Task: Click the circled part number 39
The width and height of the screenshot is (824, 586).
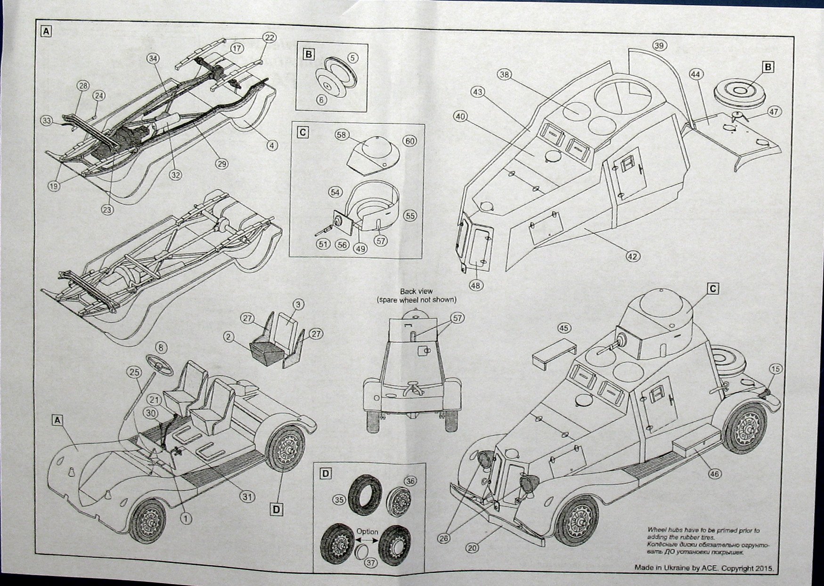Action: (659, 45)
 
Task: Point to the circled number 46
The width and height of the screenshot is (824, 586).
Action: (714, 474)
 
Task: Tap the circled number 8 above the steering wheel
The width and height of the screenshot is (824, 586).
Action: (161, 348)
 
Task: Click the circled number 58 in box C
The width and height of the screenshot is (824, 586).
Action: (341, 135)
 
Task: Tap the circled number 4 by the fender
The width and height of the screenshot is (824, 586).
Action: (271, 145)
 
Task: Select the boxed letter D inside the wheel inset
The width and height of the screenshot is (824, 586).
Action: (326, 473)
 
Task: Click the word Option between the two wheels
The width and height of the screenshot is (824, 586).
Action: (367, 531)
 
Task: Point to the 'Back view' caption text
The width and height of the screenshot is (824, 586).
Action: (416, 292)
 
